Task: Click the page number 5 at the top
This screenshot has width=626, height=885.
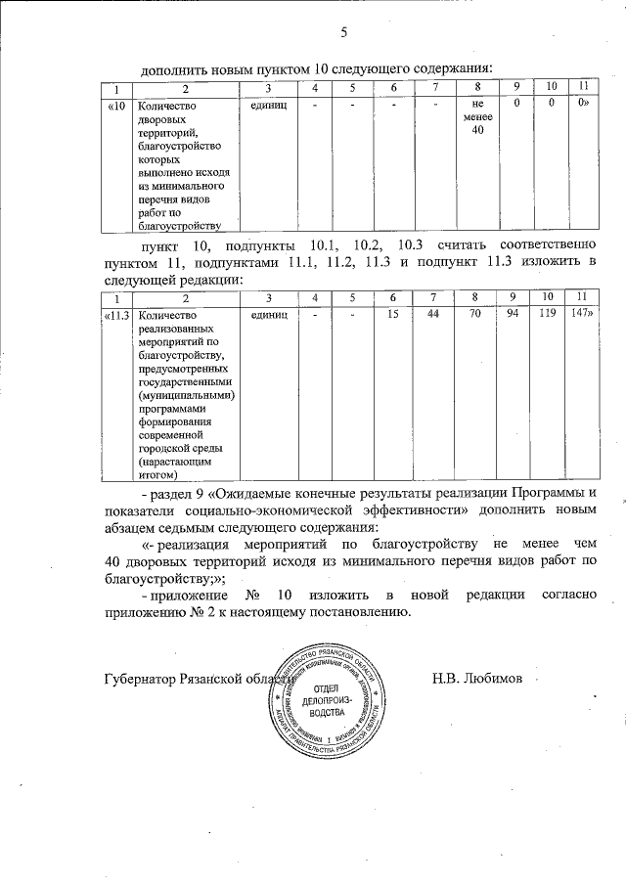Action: pos(343,34)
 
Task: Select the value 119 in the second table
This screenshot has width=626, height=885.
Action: pos(548,315)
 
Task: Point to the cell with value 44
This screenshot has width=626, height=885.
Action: pos(434,315)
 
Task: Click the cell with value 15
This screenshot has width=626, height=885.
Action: pos(392,315)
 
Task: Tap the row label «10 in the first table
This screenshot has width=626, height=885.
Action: pos(116,105)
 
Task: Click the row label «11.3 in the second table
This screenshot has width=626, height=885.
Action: pos(117,315)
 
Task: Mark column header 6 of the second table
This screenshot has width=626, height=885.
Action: pos(392,296)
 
